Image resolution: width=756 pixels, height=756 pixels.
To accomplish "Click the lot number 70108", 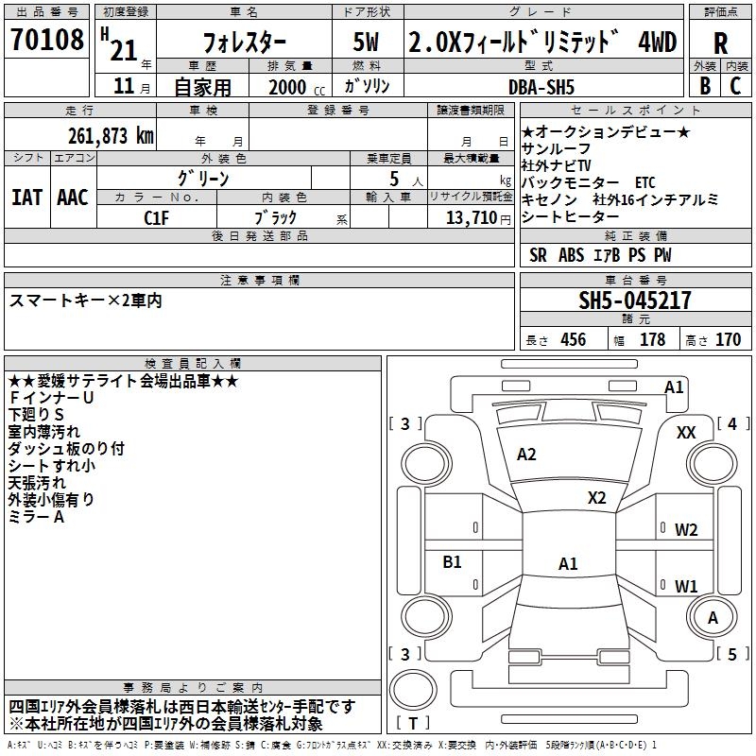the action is click(x=46, y=40).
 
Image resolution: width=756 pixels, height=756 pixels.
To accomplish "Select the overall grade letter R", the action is click(x=720, y=43).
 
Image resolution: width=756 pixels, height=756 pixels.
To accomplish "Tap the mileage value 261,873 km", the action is click(x=111, y=136).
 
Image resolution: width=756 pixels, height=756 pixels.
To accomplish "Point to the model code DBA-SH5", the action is click(x=541, y=87).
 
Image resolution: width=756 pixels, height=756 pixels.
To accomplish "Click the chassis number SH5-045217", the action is click(x=635, y=301).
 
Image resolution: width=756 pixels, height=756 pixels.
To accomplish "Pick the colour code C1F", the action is click(x=156, y=218).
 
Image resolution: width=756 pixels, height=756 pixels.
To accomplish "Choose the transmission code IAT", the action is click(x=26, y=198).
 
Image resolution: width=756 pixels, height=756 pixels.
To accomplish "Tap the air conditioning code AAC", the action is click(x=73, y=198).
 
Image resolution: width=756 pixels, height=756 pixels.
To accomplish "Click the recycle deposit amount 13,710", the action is click(x=472, y=218).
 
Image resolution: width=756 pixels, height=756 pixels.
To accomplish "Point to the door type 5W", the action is click(x=366, y=42).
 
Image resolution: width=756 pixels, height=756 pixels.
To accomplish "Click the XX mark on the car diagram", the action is click(x=686, y=433).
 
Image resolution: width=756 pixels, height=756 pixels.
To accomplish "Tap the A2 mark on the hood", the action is click(x=526, y=455).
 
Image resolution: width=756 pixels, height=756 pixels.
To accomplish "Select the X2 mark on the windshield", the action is click(x=596, y=498).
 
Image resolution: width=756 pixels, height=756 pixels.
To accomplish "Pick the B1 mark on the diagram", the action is click(x=452, y=561).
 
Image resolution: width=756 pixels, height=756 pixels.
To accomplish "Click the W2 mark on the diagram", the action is click(x=686, y=530).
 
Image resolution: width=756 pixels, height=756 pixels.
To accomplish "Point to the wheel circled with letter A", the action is click(x=713, y=617).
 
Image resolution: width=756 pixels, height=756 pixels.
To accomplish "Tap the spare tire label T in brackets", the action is click(x=413, y=723).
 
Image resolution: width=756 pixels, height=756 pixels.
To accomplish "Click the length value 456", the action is click(x=574, y=340).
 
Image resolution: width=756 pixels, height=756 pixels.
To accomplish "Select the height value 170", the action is click(x=728, y=340).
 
